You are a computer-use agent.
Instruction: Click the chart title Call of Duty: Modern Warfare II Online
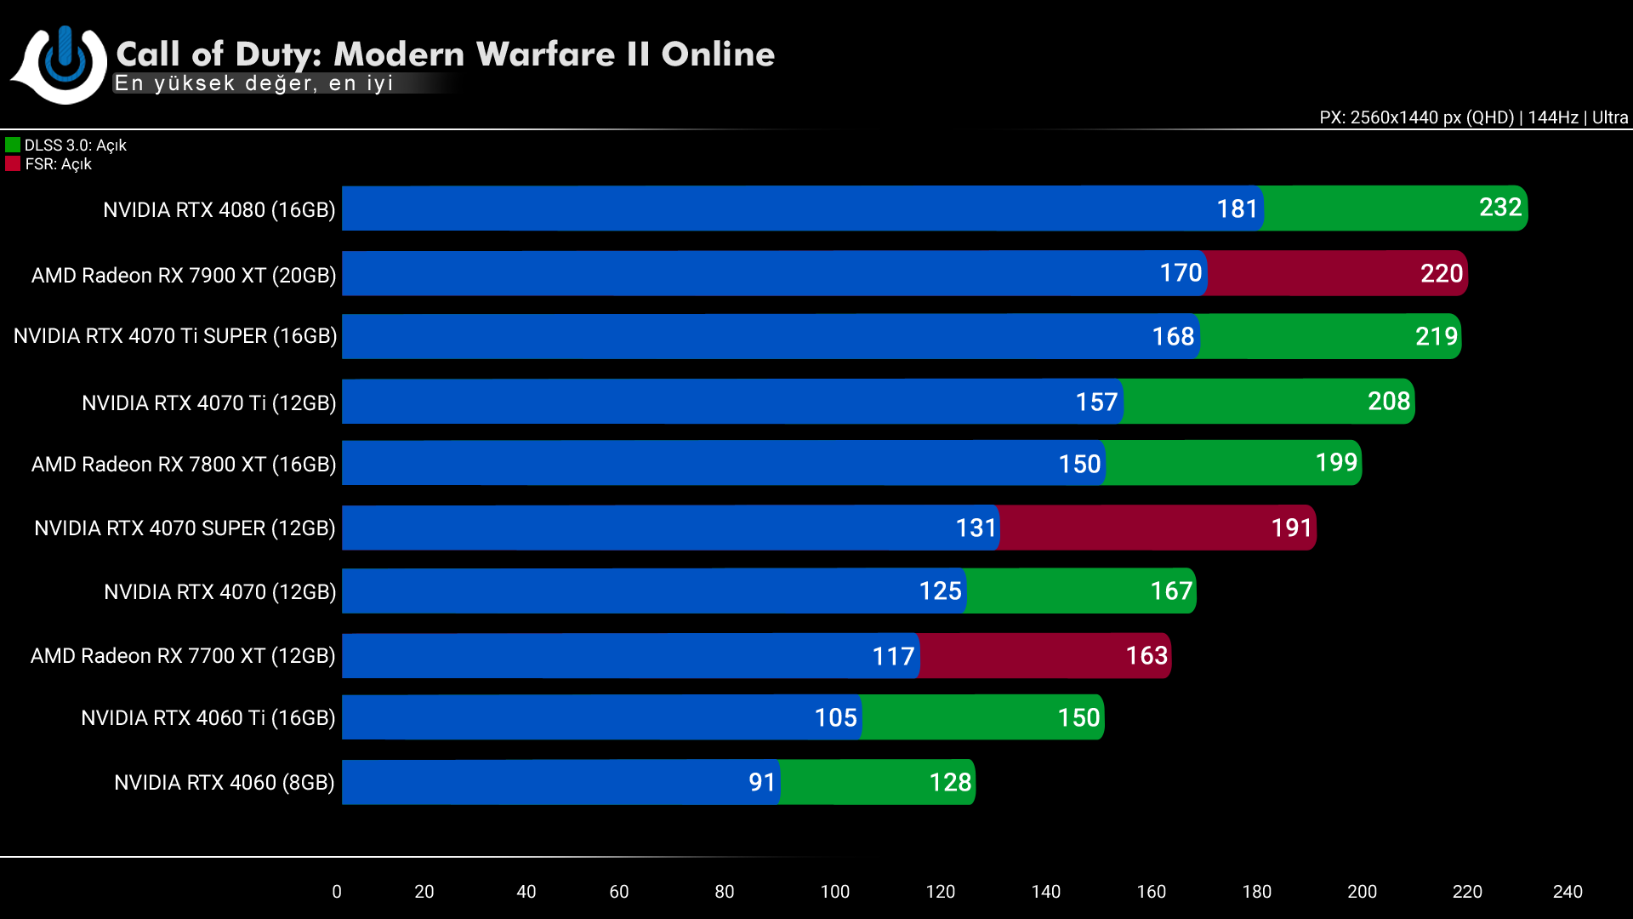[445, 54]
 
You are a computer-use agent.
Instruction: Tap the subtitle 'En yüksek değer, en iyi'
[253, 83]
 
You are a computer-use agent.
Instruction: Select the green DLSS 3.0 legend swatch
[13, 146]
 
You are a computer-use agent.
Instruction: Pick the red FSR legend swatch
[13, 164]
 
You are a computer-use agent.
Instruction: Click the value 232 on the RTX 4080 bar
[1500, 208]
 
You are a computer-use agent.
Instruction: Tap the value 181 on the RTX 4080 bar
[1237, 209]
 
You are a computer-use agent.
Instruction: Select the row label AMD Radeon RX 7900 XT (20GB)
[184, 276]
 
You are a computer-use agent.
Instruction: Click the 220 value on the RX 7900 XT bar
[1442, 274]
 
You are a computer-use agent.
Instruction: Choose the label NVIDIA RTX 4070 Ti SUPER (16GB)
[175, 336]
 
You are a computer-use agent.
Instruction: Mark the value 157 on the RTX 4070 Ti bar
[1096, 402]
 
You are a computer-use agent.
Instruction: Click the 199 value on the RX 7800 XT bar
[1336, 463]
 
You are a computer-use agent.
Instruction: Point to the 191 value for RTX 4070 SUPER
[1291, 528]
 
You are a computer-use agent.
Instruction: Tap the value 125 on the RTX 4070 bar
[940, 591]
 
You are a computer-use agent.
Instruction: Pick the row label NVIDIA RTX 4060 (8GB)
[225, 783]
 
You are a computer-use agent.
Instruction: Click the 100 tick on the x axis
[834, 892]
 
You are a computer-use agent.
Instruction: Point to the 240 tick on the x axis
[1568, 892]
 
